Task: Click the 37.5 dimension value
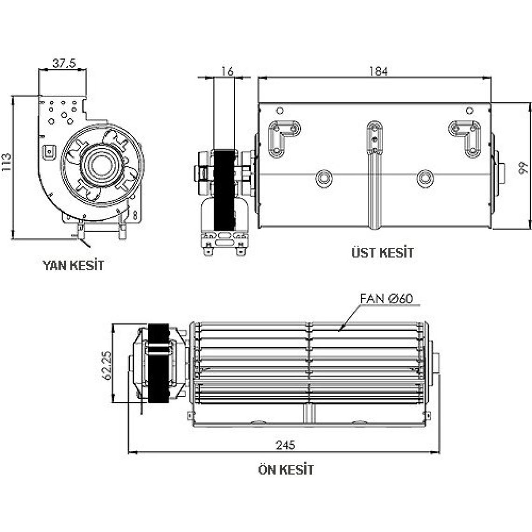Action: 63,64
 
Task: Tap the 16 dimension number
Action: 227,71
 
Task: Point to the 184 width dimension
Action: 378,71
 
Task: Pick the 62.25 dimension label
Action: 107,365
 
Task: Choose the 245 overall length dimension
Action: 285,445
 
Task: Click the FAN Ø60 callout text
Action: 387,299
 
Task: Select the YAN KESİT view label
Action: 73,266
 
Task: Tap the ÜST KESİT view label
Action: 382,253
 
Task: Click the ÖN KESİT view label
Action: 286,469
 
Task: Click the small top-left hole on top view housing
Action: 279,111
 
